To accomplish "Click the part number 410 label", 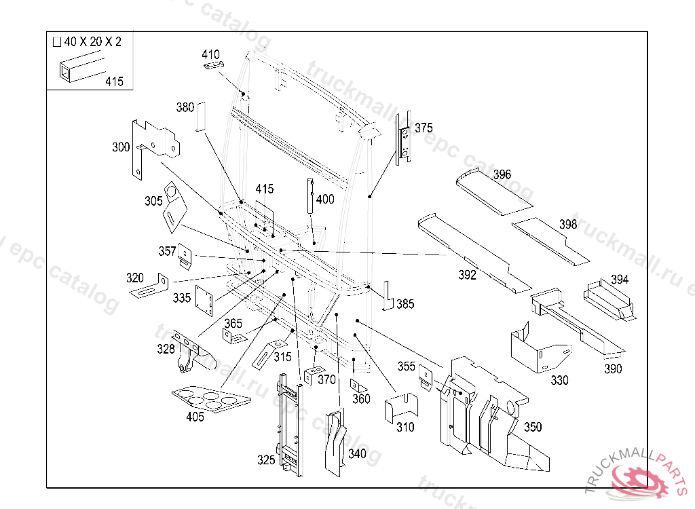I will pos(210,54).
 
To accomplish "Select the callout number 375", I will pos(424,128).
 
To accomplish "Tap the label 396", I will pos(502,175).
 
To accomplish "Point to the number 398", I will pos(568,225).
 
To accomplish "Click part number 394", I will pos(620,279).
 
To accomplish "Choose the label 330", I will pos(559,381).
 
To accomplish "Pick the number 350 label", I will pos(533,427).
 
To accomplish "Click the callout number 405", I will pos(195,417).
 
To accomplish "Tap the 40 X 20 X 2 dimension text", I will pos(93,42).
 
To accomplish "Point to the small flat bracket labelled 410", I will pos(214,64).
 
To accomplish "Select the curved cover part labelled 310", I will pos(402,409).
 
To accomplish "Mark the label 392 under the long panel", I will pos(468,275).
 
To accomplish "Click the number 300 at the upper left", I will pos(121,147).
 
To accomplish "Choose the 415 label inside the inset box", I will pos(114,81).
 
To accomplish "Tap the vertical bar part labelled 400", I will pos(309,195).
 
